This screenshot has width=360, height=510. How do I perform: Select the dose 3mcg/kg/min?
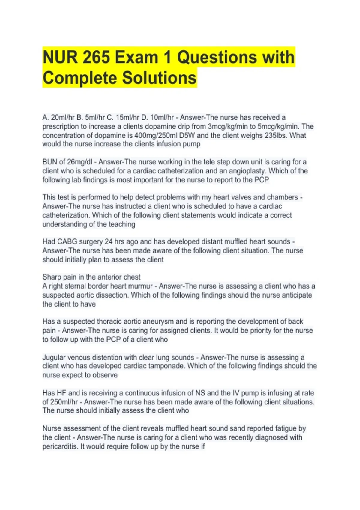[x=226, y=126]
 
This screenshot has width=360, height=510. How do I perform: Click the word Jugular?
[x=54, y=358]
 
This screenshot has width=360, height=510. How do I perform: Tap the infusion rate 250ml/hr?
[x=63, y=402]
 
